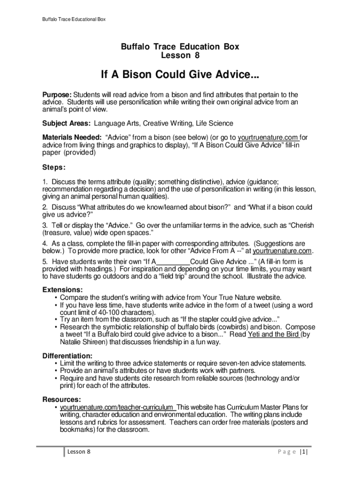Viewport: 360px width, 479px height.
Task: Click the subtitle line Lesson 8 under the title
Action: (180, 56)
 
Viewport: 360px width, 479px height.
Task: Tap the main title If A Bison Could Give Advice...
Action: (180, 75)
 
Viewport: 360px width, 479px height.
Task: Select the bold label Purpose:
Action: (57, 94)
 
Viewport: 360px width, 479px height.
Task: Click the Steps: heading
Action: (54, 167)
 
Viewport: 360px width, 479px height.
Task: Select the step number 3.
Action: (45, 225)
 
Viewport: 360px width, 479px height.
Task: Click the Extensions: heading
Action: (62, 290)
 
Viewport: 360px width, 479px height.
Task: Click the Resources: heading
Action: (62, 399)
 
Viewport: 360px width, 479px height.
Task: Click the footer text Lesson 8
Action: (79, 452)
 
